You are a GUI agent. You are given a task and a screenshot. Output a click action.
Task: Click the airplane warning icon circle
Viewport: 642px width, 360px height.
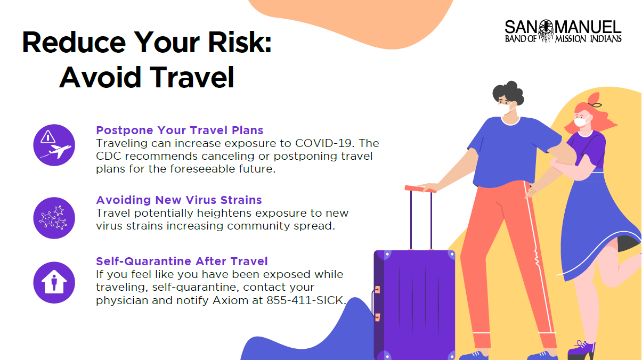tap(54, 145)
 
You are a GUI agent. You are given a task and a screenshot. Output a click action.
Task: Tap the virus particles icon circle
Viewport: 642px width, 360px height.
tap(54, 218)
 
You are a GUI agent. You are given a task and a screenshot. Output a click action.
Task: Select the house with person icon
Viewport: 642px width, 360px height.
tap(54, 282)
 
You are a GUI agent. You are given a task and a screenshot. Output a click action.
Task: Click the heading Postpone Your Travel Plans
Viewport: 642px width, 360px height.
tap(180, 130)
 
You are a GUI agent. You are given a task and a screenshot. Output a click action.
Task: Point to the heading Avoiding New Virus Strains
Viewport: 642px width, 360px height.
tap(179, 200)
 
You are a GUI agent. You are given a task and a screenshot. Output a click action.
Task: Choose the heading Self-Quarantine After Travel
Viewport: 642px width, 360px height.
tap(182, 261)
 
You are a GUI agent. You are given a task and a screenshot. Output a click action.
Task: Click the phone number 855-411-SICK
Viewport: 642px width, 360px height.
tap(305, 300)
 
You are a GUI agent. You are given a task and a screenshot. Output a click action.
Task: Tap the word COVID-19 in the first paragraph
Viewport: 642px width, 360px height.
tap(323, 143)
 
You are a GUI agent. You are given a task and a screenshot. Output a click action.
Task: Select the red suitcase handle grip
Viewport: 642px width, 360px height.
tap(420, 189)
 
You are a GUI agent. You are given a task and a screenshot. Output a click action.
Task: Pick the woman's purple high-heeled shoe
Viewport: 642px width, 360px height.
tap(582, 349)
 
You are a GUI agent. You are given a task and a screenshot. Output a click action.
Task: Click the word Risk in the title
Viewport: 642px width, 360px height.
tap(240, 43)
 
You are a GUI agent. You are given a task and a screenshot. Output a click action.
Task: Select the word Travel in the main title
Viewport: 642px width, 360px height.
tap(192, 77)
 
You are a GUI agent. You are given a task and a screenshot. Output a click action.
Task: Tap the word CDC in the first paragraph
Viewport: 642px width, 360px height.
tap(108, 156)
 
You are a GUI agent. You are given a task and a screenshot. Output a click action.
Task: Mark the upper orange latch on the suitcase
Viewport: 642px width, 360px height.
tap(377, 290)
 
